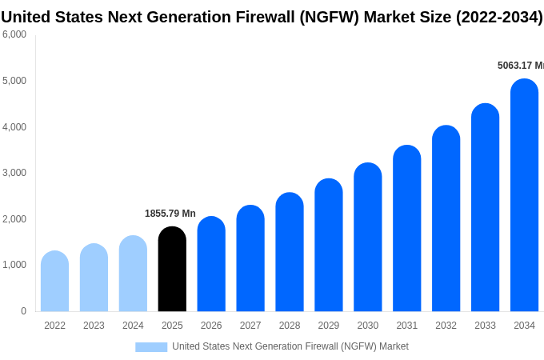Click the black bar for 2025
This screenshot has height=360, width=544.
(172, 270)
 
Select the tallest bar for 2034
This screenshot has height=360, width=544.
(524, 195)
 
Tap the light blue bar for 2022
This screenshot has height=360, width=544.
(54, 282)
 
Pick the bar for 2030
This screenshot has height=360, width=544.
(368, 238)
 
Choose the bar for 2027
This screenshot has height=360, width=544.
(250, 258)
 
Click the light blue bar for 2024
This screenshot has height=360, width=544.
(133, 274)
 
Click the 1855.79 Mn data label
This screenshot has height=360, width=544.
(170, 214)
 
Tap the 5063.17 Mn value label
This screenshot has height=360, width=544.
(520, 66)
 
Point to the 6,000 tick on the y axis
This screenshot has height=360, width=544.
(14, 34)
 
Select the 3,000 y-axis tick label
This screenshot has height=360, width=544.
(14, 173)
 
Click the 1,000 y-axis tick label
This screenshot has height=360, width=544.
(14, 265)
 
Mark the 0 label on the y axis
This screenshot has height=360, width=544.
(23, 311)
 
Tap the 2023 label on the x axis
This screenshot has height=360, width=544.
(94, 326)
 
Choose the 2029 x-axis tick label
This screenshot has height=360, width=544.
(329, 326)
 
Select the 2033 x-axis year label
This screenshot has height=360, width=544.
(485, 326)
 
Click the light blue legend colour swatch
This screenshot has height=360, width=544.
(151, 346)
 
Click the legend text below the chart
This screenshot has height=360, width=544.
(290, 346)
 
